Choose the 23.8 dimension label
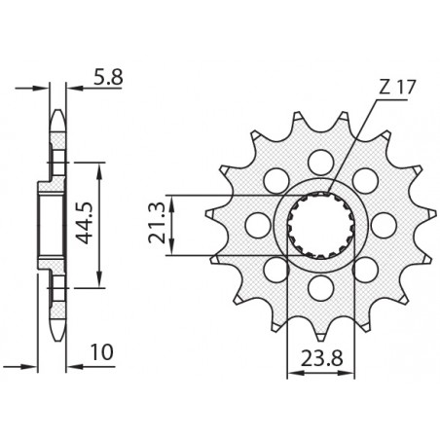[x=320, y=355]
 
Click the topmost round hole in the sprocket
[x=320, y=159]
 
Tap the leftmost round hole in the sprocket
[x=255, y=225]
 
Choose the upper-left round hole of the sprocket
[x=274, y=178]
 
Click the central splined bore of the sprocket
[x=320, y=225]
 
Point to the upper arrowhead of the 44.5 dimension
[x=95, y=168]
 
